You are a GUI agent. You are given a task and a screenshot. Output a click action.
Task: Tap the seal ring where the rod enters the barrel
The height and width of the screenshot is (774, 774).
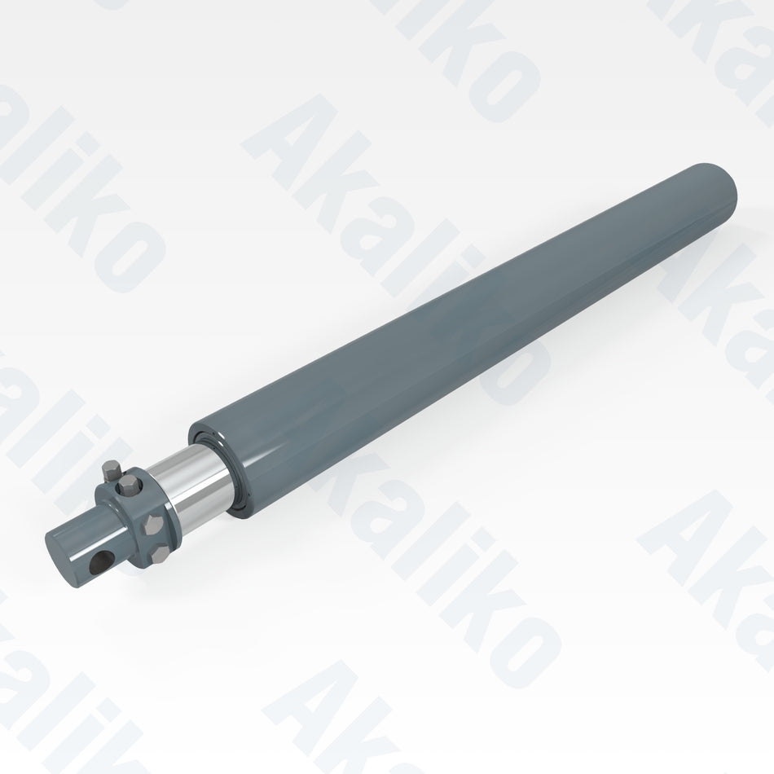click(x=232, y=481)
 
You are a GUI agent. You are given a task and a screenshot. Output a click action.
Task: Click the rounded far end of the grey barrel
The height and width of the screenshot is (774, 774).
click(x=717, y=191)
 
